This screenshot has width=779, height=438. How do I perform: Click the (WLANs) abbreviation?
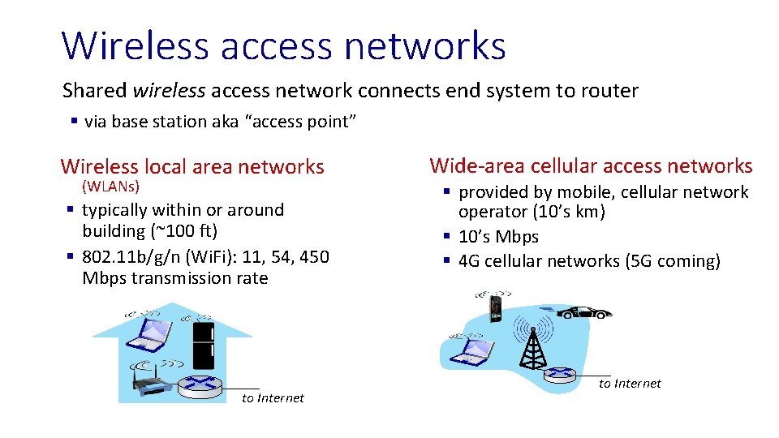(111, 187)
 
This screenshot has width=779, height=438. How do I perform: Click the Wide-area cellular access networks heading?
(591, 166)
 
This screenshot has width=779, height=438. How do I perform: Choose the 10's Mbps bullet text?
(498, 237)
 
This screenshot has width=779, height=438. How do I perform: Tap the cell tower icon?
(532, 344)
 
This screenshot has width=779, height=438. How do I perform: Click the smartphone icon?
(496, 307)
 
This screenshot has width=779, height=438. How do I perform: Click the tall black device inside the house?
(203, 345)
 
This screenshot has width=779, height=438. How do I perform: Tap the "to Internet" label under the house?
(273, 397)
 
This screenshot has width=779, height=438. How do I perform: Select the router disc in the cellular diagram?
(559, 374)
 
